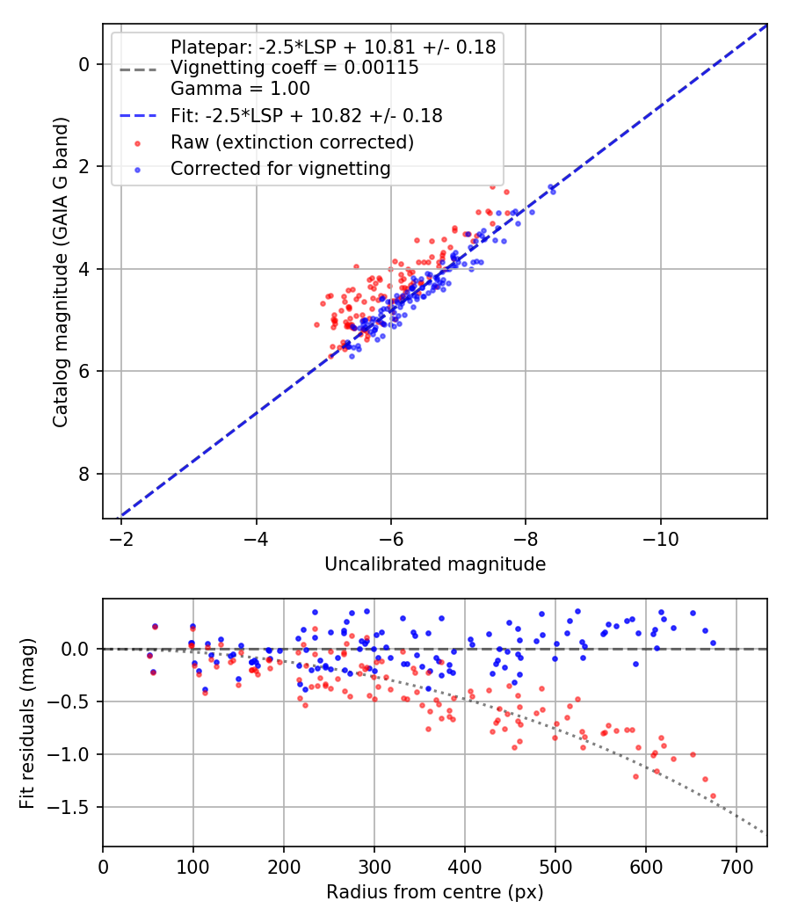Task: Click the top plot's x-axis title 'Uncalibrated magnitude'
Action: click(435, 563)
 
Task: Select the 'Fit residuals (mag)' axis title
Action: click(27, 723)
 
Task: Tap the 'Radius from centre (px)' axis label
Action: click(435, 892)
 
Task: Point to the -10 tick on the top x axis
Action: click(661, 538)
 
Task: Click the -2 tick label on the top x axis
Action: click(121, 538)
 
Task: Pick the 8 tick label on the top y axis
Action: click(84, 475)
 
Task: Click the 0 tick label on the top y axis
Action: click(84, 64)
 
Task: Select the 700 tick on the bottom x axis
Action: click(736, 866)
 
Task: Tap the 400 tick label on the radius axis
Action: click(464, 866)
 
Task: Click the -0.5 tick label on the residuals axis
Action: click(72, 701)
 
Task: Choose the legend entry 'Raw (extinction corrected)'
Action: click(292, 142)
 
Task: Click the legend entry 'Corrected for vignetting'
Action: click(280, 168)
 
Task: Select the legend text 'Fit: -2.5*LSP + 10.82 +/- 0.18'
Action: click(306, 115)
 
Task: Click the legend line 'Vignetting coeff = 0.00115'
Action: click(294, 68)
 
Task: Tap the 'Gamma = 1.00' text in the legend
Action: click(240, 89)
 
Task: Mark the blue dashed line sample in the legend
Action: click(138, 115)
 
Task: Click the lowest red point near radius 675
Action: click(712, 796)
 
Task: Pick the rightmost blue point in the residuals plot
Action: click(712, 643)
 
